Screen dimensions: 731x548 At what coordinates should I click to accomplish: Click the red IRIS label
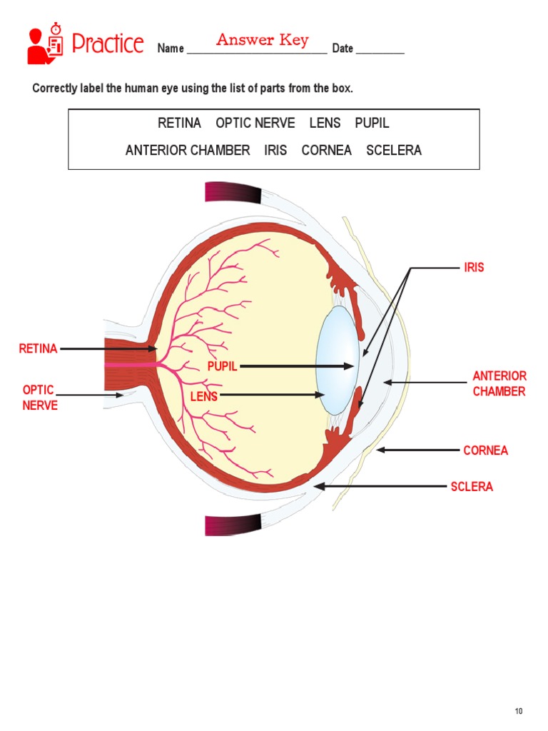pyautogui.click(x=474, y=268)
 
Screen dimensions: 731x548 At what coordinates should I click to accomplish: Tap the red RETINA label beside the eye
pyautogui.click(x=38, y=349)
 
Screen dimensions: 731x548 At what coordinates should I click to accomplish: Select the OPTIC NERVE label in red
pyautogui.click(x=39, y=398)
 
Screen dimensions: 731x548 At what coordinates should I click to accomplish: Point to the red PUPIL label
pyautogui.click(x=222, y=367)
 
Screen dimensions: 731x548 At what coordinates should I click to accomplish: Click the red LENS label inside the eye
pyautogui.click(x=204, y=396)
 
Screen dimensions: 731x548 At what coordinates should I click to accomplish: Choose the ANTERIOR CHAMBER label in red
pyautogui.click(x=499, y=384)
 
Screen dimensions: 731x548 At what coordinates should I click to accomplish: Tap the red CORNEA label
pyautogui.click(x=485, y=450)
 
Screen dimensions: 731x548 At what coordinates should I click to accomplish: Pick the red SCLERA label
pyautogui.click(x=472, y=487)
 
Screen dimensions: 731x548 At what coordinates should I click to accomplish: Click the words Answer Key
pyautogui.click(x=263, y=39)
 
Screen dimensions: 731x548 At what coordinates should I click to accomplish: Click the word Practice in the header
pyautogui.click(x=108, y=44)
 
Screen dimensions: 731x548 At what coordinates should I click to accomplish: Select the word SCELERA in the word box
pyautogui.click(x=394, y=151)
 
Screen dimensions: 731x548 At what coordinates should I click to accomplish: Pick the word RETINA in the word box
pyautogui.click(x=179, y=123)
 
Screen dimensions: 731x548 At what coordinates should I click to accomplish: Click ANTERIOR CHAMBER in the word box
pyautogui.click(x=188, y=151)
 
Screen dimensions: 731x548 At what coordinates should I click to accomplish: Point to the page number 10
pyautogui.click(x=519, y=711)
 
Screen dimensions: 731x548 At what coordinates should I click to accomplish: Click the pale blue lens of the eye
pyautogui.click(x=336, y=361)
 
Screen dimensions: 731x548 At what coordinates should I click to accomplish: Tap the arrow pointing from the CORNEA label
pyautogui.click(x=419, y=450)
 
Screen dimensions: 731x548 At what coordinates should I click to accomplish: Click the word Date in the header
pyautogui.click(x=342, y=49)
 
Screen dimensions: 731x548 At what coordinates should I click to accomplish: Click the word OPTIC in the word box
pyautogui.click(x=233, y=123)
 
